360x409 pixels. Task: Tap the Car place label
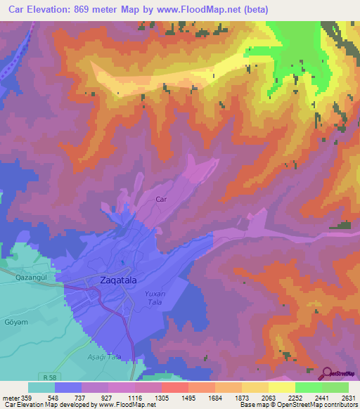pyautogui.click(x=160, y=200)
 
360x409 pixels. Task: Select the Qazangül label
pyautogui.click(x=31, y=277)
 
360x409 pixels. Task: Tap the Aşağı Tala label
pyautogui.click(x=105, y=356)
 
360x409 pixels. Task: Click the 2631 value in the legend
pyautogui.click(x=348, y=398)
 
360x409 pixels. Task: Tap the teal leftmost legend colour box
pyautogui.click(x=41, y=387)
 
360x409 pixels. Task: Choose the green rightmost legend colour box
pyautogui.click(x=335, y=387)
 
